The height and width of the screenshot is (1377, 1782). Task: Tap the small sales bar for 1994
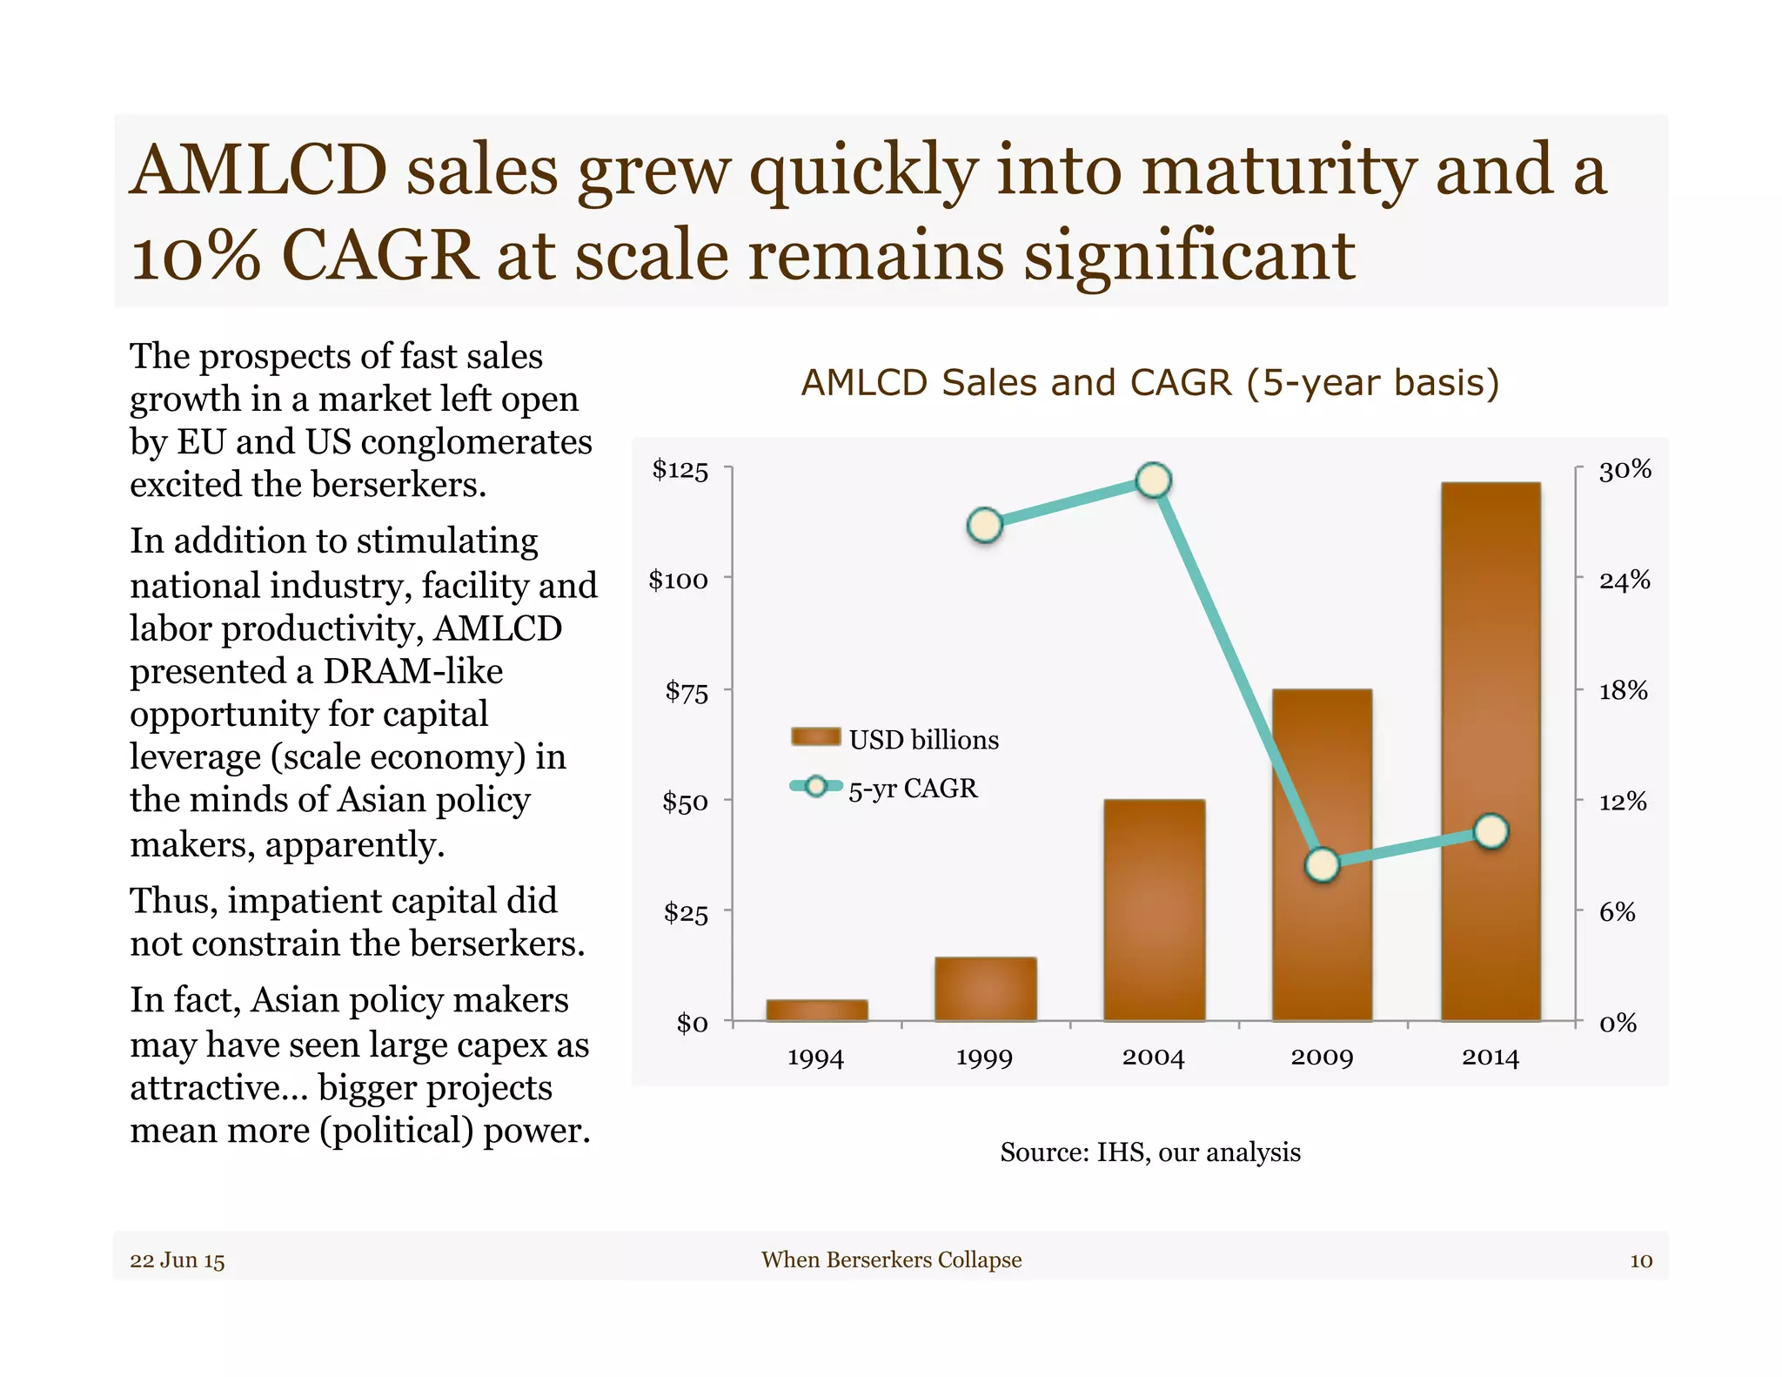pos(816,1010)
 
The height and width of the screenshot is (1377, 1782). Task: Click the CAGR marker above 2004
pos(1154,480)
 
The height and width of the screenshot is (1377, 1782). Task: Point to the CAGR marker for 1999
pos(985,525)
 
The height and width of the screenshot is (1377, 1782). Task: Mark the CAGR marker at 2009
pos(1323,864)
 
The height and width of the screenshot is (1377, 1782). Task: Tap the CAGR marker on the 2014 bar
pos(1491,831)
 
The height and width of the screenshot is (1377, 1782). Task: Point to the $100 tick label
pos(678,580)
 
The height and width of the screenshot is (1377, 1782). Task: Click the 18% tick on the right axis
pos(1623,690)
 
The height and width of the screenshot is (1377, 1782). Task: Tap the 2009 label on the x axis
pos(1322,1058)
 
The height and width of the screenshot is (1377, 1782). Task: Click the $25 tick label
pos(686,912)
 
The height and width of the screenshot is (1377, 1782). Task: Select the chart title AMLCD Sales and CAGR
pos(1149,383)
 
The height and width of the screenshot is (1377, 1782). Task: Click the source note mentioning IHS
pos(1149,1152)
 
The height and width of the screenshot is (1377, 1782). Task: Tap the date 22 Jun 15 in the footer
pos(178,1260)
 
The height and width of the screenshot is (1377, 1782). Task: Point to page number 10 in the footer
pos(1640,1260)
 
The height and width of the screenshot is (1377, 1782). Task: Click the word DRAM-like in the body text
pos(413,671)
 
